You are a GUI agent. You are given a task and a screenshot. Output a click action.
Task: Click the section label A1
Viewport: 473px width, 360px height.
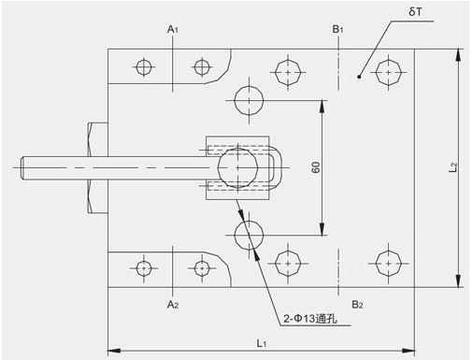(x=173, y=29)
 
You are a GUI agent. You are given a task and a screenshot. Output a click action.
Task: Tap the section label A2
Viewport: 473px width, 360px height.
(x=173, y=304)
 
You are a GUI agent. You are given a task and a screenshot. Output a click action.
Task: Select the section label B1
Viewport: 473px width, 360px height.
(x=337, y=29)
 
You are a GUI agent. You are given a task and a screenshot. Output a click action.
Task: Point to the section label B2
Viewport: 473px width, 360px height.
(x=357, y=304)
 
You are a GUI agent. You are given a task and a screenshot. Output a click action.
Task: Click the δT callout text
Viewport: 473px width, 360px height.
(x=415, y=12)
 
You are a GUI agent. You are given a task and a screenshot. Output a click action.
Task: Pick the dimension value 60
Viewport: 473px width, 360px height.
(x=316, y=167)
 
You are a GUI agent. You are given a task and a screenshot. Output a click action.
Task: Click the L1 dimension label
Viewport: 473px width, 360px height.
(x=262, y=343)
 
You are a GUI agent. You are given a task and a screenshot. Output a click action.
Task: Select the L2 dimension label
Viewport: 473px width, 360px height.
(x=453, y=167)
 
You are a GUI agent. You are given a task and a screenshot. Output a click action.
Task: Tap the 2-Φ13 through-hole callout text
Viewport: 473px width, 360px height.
(x=310, y=319)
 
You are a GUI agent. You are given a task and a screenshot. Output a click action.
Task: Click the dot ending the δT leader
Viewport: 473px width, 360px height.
(x=359, y=77)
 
